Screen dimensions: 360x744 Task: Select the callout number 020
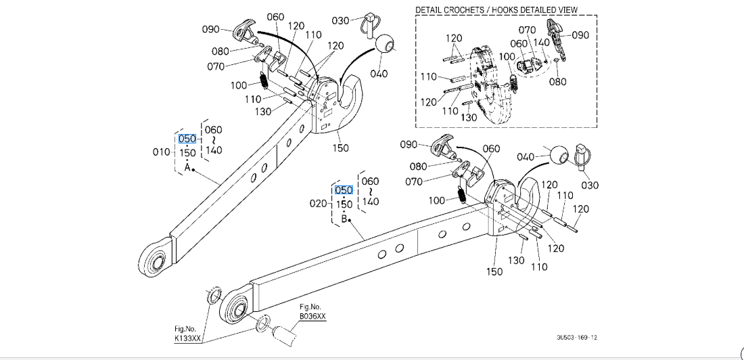[319, 204]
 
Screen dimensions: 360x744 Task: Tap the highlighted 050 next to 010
[187, 139]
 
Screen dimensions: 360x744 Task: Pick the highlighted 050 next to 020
[344, 190]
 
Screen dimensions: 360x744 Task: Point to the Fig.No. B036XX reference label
[312, 311]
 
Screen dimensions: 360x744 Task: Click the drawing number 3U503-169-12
[577, 337]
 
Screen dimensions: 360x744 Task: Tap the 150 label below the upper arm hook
[341, 148]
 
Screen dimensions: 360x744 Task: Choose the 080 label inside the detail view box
[557, 82]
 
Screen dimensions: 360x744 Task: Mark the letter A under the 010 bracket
[187, 167]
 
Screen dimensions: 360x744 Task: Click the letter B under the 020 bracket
[344, 219]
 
